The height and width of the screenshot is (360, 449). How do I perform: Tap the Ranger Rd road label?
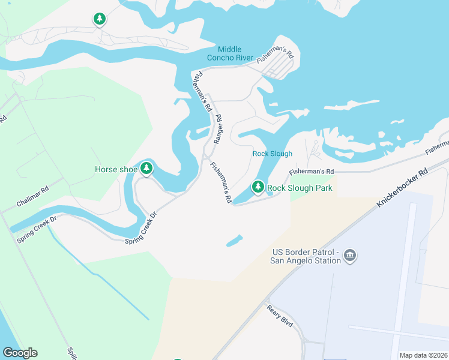pos(218,128)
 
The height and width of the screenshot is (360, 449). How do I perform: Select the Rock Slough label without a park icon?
pos(273,154)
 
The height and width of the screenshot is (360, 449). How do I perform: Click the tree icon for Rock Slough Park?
pos(258,187)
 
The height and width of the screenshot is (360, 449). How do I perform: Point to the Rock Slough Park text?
pos(300,188)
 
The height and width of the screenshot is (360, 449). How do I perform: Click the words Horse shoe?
pos(116,170)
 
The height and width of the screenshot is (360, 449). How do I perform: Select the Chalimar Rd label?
pos(32,196)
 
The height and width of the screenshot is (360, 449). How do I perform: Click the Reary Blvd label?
pos(280,315)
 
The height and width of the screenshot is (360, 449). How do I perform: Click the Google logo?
pos(20,353)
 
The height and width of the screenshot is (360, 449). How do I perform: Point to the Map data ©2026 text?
pos(423,355)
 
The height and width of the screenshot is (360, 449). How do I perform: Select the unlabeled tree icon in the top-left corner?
pos(100,20)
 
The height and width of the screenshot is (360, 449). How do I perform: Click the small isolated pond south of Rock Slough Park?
pos(234,242)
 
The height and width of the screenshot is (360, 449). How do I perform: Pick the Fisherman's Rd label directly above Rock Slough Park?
pos(310,172)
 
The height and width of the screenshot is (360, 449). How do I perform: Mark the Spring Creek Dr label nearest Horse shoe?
pos(140,229)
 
